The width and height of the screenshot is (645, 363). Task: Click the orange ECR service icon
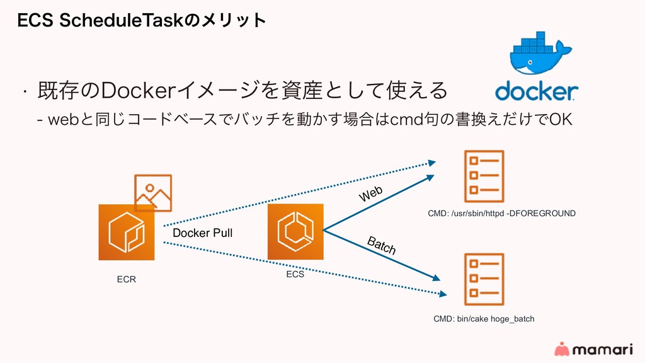[x=127, y=232]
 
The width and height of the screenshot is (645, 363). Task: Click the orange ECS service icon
[x=295, y=231]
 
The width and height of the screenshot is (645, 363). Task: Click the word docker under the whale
[x=536, y=91]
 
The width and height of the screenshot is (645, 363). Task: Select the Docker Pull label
[x=203, y=233]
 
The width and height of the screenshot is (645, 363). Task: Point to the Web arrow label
[x=371, y=194]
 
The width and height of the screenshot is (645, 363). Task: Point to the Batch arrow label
[x=382, y=246]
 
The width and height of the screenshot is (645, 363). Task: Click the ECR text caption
[x=127, y=279]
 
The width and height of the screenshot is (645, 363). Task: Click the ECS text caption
[x=295, y=274]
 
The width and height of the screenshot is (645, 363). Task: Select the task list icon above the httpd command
[x=483, y=175]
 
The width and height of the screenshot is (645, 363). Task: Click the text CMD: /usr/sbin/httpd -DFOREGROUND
[x=501, y=214]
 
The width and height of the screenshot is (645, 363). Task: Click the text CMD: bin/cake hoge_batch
[x=484, y=319]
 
